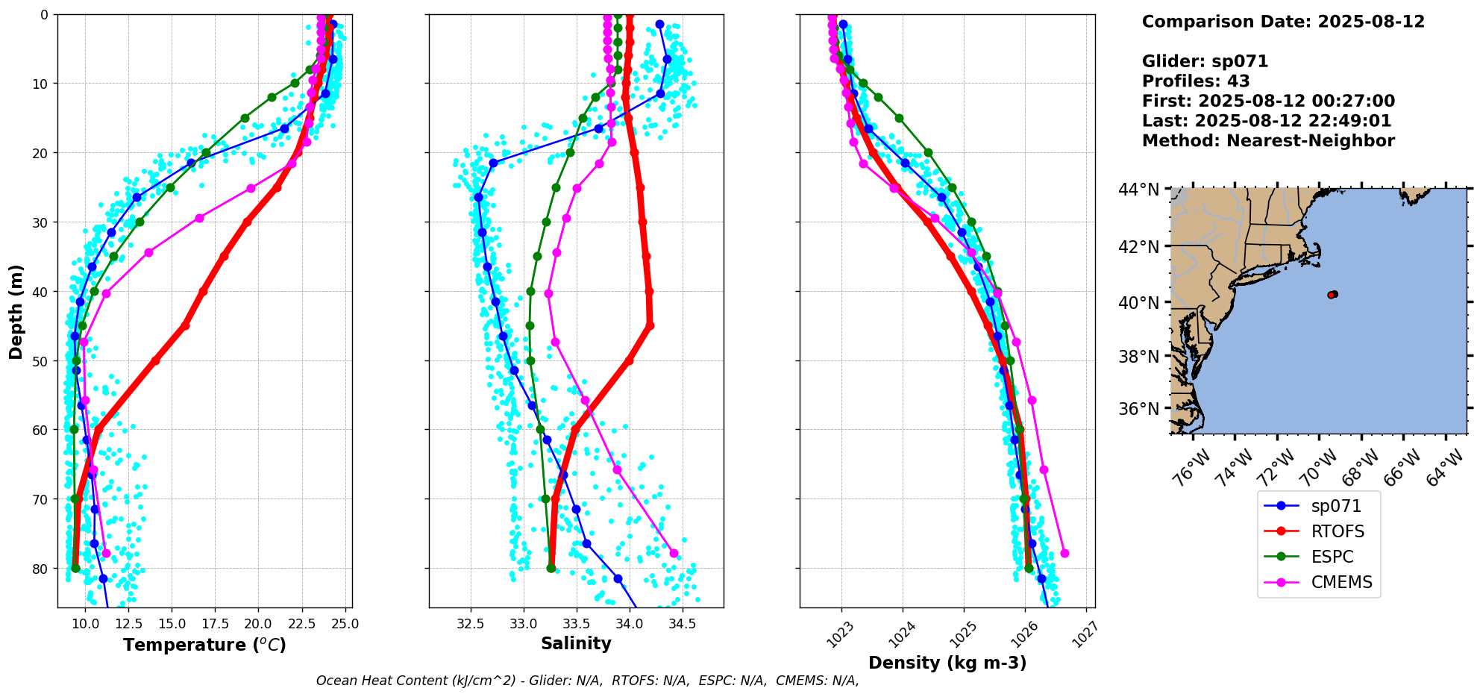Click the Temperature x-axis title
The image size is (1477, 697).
pos(204,645)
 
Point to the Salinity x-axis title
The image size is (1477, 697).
pos(576,643)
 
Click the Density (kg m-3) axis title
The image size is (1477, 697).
pos(947,663)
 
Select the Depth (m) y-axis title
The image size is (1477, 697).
pos(16,311)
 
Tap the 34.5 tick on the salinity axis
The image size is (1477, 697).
pos(682,623)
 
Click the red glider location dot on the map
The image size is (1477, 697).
pos(1332,295)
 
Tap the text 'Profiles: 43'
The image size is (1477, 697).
pos(1195,81)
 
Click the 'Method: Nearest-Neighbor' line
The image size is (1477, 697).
pos(1268,141)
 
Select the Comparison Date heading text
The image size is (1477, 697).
pos(1283,22)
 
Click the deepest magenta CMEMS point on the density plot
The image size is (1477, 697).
pos(1064,553)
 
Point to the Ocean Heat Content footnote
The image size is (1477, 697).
pos(587,681)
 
